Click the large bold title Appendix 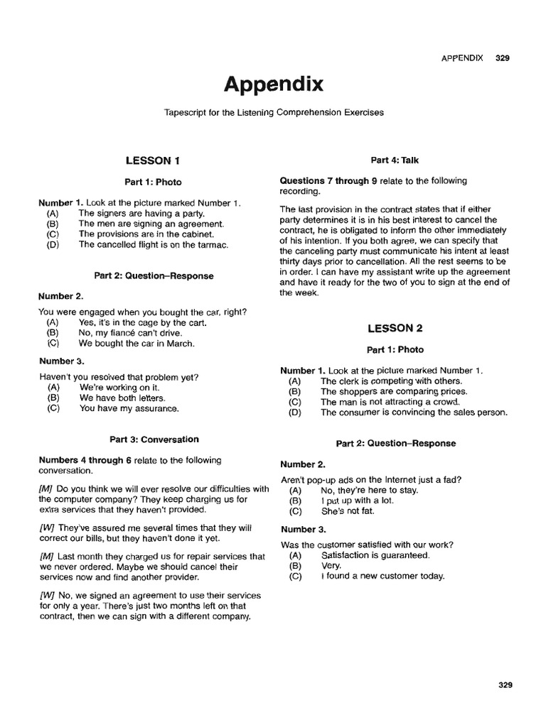(274, 85)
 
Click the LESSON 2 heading (395, 328)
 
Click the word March (181, 344)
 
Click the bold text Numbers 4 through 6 (85, 460)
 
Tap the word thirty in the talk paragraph (292, 261)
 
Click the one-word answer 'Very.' (331, 566)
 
